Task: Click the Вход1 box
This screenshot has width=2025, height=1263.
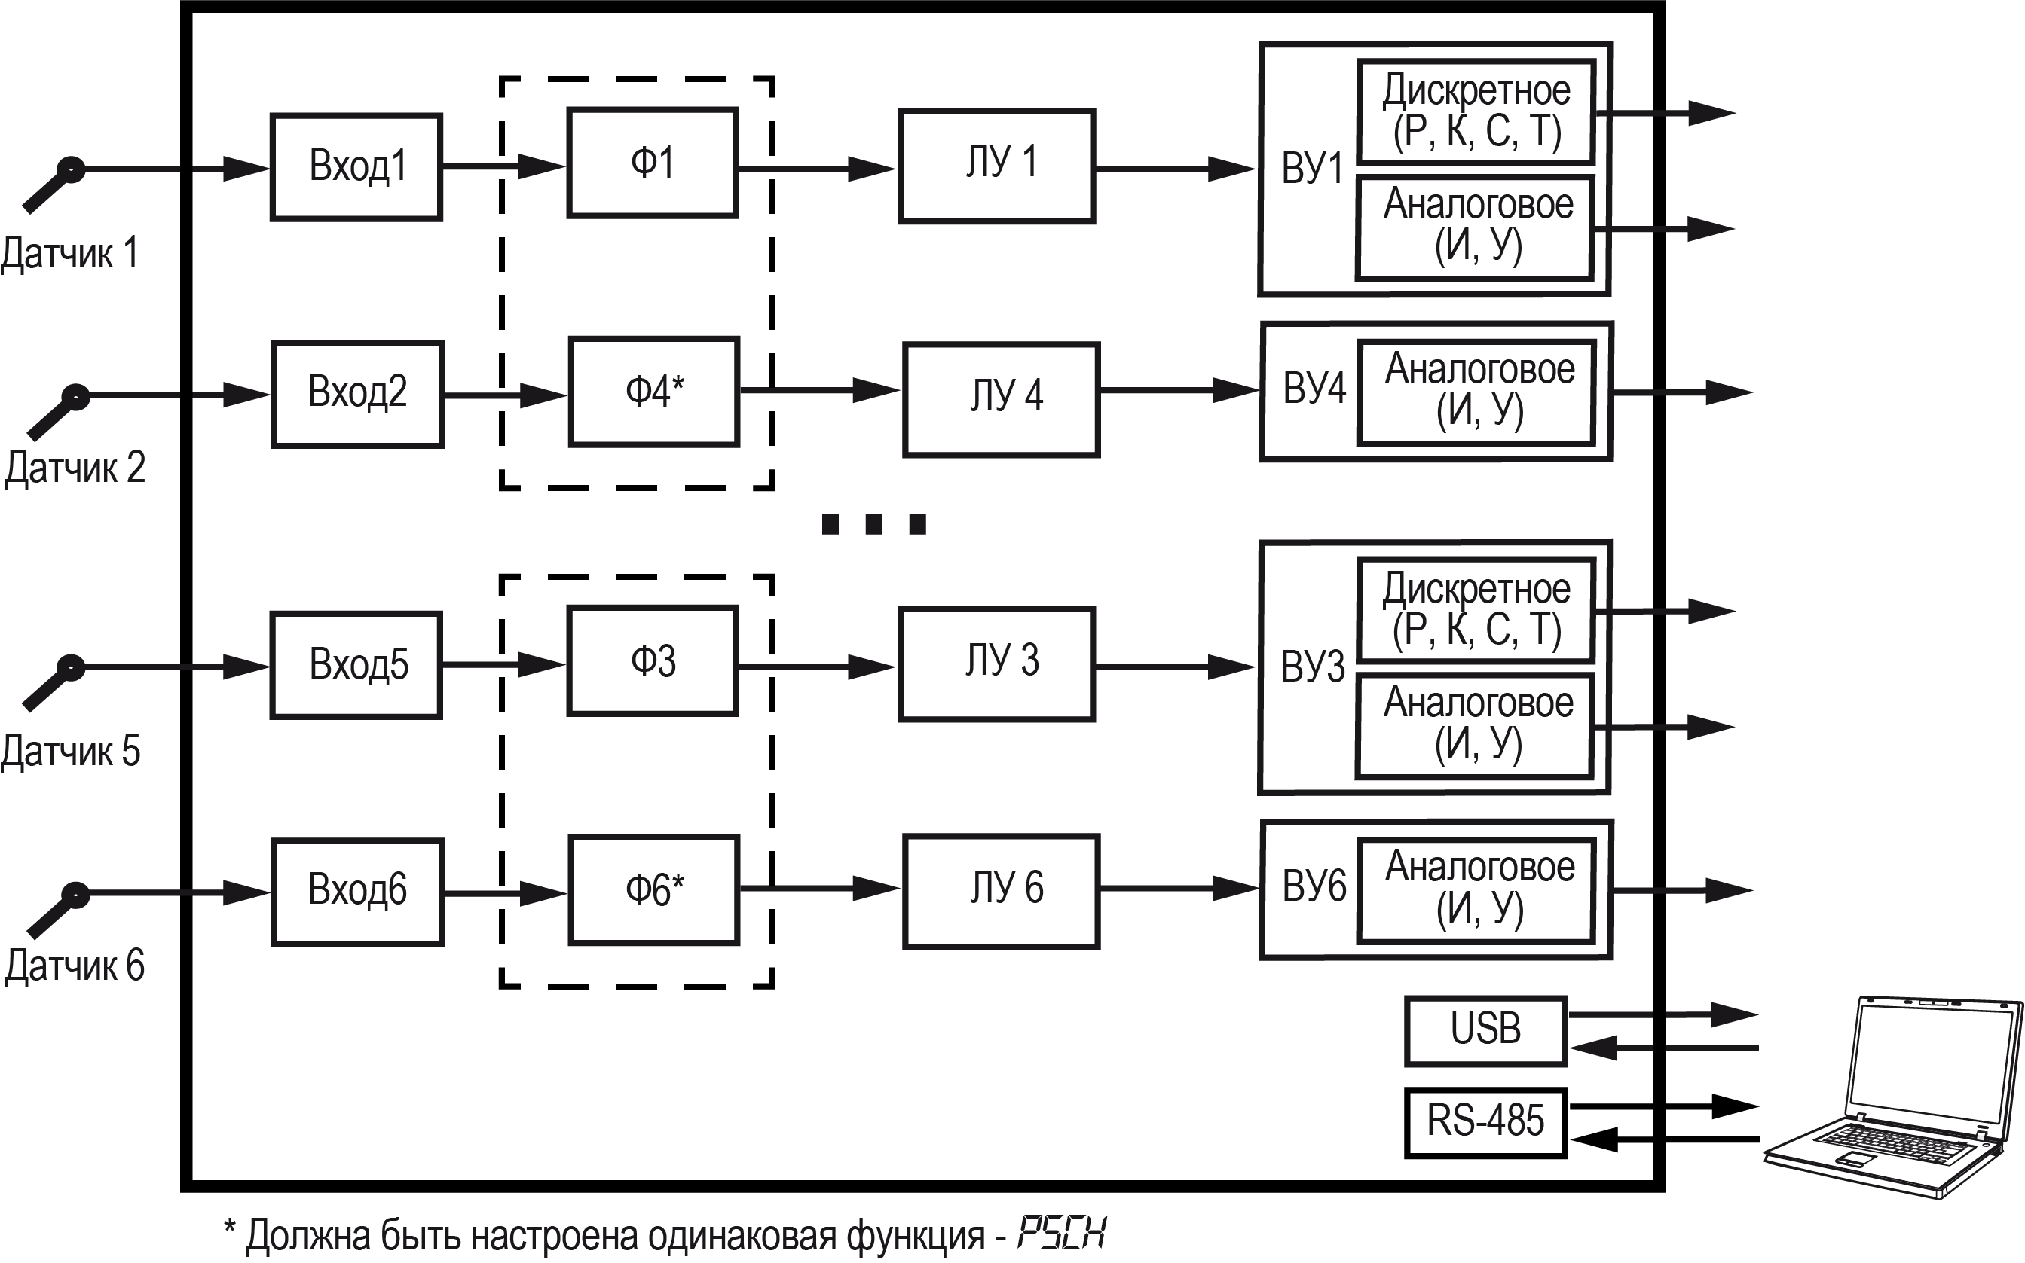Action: pyautogui.click(x=356, y=167)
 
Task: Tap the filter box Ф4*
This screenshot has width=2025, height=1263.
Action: pyautogui.click(x=654, y=392)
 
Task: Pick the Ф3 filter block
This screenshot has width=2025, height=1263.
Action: pyautogui.click(x=653, y=660)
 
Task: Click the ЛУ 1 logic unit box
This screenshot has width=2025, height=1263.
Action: pyautogui.click(x=997, y=166)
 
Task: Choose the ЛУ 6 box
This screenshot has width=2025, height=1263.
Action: pyautogui.click(x=1002, y=891)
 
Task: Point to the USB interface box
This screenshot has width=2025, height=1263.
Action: pyautogui.click(x=1486, y=1031)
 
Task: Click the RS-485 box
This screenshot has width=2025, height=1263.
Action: pyautogui.click(x=1486, y=1123)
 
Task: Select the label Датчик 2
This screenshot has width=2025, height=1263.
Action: pyautogui.click(x=75, y=467)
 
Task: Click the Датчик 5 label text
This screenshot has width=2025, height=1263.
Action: pyautogui.click(x=70, y=751)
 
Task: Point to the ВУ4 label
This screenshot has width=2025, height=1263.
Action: pyautogui.click(x=1314, y=389)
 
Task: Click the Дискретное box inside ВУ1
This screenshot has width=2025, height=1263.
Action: pyautogui.click(x=1476, y=112)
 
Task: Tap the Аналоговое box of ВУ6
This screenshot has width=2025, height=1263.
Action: pyautogui.click(x=1478, y=890)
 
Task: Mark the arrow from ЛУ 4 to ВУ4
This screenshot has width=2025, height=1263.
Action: pyautogui.click(x=1179, y=390)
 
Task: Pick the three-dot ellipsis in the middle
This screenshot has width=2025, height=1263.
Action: pyautogui.click(x=874, y=523)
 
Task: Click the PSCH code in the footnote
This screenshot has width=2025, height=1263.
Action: pyautogui.click(x=1061, y=1233)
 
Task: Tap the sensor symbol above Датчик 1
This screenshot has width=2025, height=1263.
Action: pyautogui.click(x=52, y=185)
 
